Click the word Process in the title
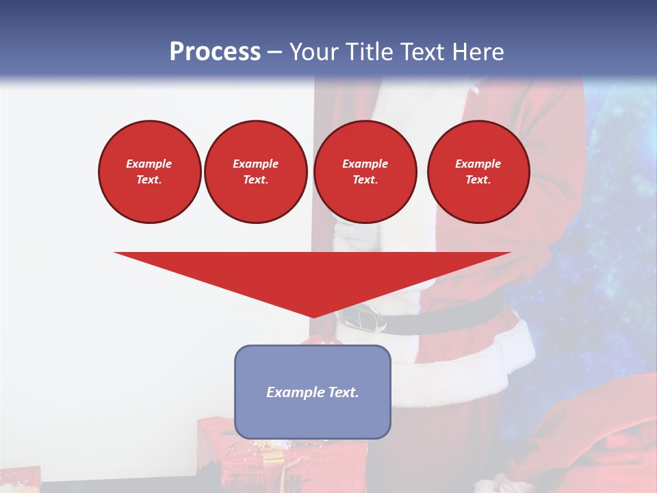click(x=215, y=51)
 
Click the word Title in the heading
click(x=369, y=51)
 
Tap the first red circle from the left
click(x=149, y=171)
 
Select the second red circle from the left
click(x=255, y=171)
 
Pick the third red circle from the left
click(x=365, y=171)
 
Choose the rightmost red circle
click(x=478, y=171)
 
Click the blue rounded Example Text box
click(x=312, y=392)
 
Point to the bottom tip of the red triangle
click(x=313, y=316)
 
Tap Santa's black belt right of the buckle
click(x=452, y=315)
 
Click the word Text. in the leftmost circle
click(x=149, y=179)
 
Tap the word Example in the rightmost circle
click(x=478, y=164)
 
